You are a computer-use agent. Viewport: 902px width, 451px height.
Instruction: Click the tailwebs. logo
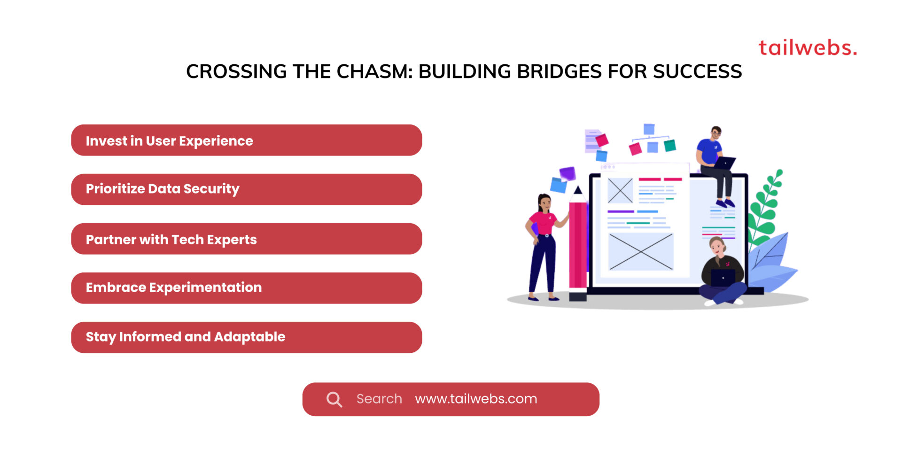pos(807,48)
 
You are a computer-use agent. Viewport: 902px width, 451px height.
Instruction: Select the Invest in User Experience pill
pos(246,140)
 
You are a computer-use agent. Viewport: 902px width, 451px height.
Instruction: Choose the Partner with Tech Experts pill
pos(246,239)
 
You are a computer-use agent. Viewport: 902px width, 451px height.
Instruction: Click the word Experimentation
pos(205,288)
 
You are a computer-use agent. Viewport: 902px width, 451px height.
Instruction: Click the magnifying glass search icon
pos(334,399)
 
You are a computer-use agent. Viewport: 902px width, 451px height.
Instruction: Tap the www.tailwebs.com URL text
pos(476,399)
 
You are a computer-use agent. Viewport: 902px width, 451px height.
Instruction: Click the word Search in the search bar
pos(379,399)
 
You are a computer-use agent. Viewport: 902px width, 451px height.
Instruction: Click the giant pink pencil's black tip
pos(578,190)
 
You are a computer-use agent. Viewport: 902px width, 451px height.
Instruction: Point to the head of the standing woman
pos(544,202)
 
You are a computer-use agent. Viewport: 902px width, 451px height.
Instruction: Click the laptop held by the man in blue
pos(724,163)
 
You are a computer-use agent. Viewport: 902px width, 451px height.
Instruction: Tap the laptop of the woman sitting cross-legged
pos(723,277)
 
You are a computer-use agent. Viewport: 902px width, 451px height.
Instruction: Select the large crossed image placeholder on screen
pos(641,252)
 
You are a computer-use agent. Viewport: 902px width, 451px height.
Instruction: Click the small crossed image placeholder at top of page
pos(620,190)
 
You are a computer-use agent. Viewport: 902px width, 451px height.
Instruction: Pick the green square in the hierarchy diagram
pos(670,146)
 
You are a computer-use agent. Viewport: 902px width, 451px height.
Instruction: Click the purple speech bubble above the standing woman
pos(568,173)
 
